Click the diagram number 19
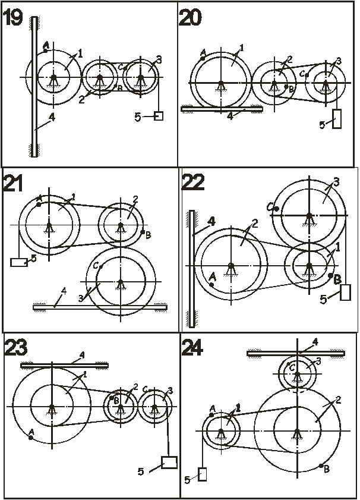13,17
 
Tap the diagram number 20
190,17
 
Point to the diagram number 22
192,183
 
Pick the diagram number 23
16,348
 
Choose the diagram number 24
192,348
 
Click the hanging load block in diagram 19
159,116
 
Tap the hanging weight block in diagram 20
337,119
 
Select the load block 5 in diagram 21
19,262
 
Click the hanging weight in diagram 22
345,293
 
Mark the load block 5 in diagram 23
169,463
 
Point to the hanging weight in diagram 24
202,474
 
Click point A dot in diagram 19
46,51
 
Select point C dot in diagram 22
277,209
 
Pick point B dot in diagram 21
143,232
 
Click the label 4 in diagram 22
211,221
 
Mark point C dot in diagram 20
307,76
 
